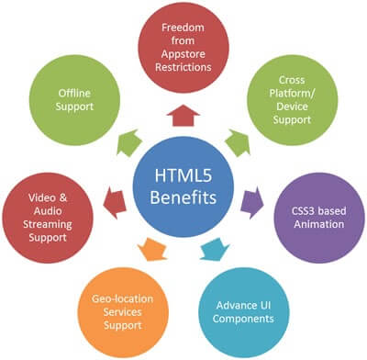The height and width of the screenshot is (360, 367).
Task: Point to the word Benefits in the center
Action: (183, 198)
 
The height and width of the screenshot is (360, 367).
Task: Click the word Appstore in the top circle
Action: (183, 52)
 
